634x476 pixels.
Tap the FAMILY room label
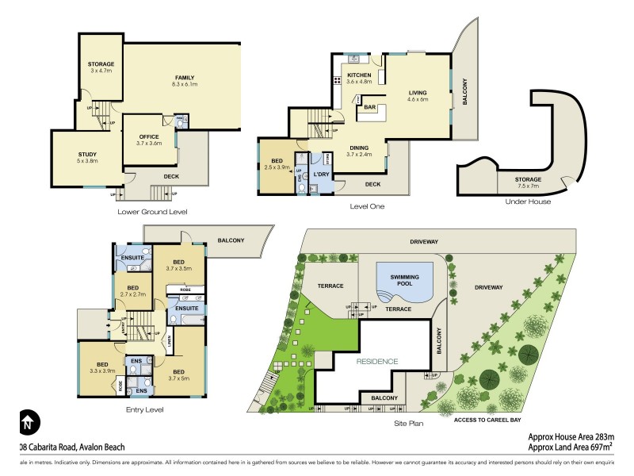coord(185,77)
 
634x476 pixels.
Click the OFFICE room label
coord(148,136)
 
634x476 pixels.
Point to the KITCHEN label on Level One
coord(359,75)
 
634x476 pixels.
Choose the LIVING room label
coord(417,92)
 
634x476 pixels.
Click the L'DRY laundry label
coord(320,174)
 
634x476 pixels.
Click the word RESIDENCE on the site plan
coord(376,361)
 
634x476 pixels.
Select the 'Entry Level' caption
coord(144,409)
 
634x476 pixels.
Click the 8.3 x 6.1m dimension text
coord(185,85)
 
